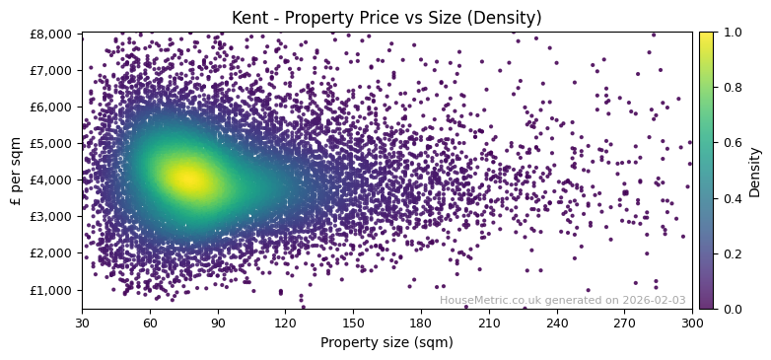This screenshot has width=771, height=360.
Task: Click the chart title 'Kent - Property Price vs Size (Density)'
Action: point(385,18)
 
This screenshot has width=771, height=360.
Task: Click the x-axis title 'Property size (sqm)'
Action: point(386,342)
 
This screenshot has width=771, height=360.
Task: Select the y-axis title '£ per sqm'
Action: point(15,171)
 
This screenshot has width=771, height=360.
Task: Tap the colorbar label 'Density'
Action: point(755,171)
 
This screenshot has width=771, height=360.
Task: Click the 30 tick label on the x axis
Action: point(82,322)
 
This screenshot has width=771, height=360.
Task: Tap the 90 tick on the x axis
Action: point(218,322)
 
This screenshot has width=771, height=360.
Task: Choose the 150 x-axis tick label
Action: point(353,322)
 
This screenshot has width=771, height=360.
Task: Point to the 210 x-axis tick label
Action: point(489,322)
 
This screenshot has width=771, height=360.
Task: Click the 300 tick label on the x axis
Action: point(692,322)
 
